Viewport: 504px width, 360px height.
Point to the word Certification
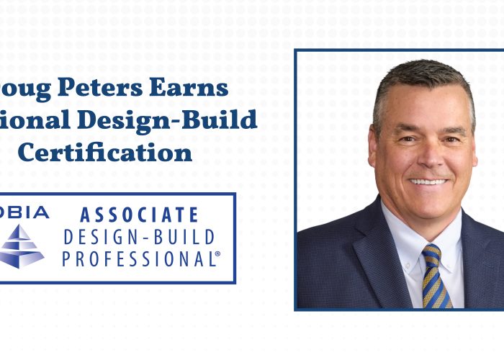point(105,152)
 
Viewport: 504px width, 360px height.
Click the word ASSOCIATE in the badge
point(139,215)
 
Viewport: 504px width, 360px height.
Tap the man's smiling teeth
point(428,181)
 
